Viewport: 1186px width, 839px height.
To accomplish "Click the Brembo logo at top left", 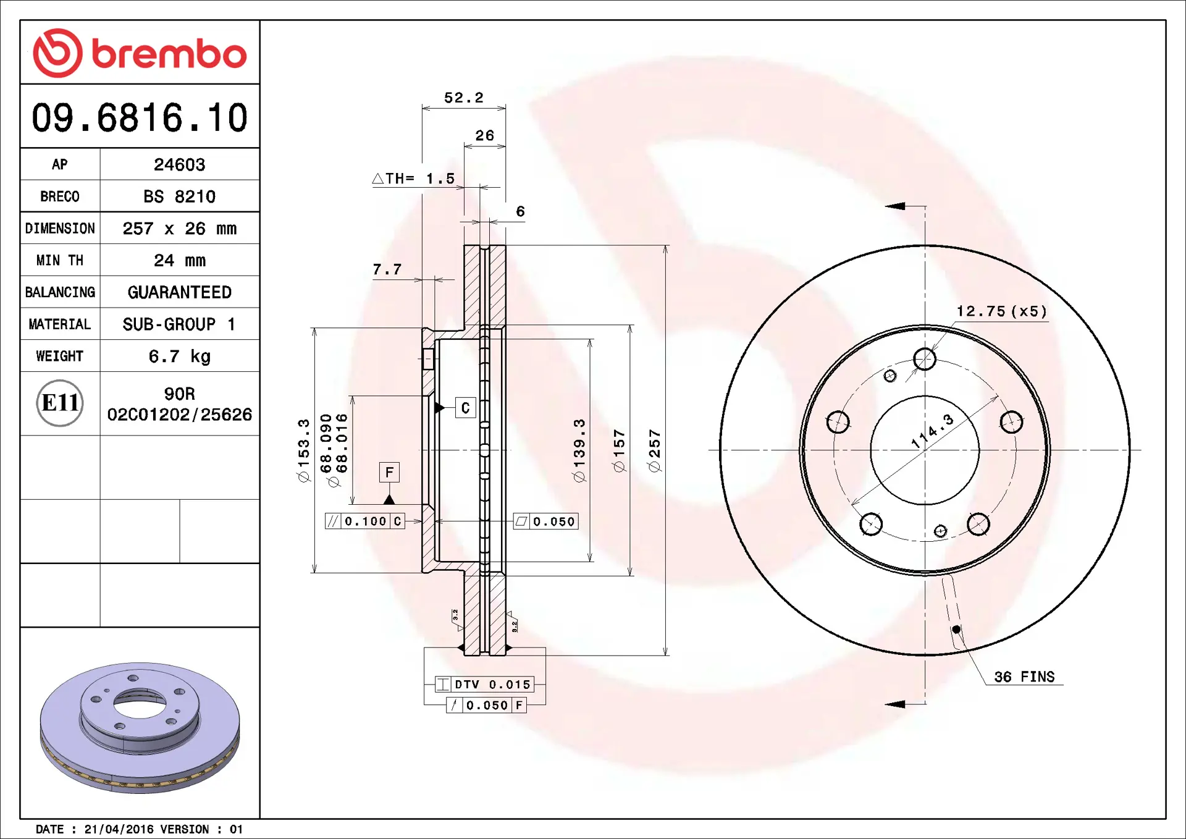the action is (140, 53).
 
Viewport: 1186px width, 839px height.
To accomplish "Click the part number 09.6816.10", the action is (140, 117).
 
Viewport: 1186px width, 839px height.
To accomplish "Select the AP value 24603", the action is (179, 164).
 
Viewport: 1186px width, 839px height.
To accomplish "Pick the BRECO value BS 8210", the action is (179, 196).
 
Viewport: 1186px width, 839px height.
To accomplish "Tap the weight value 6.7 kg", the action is (179, 356).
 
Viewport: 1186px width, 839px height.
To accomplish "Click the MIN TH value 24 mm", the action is (179, 260).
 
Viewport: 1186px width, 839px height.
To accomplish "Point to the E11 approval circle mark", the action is (60, 403).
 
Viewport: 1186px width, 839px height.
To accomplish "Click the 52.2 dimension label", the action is (464, 98).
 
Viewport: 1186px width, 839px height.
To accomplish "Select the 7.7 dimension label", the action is (387, 269).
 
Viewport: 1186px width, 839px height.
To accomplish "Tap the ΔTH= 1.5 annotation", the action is (413, 179).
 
